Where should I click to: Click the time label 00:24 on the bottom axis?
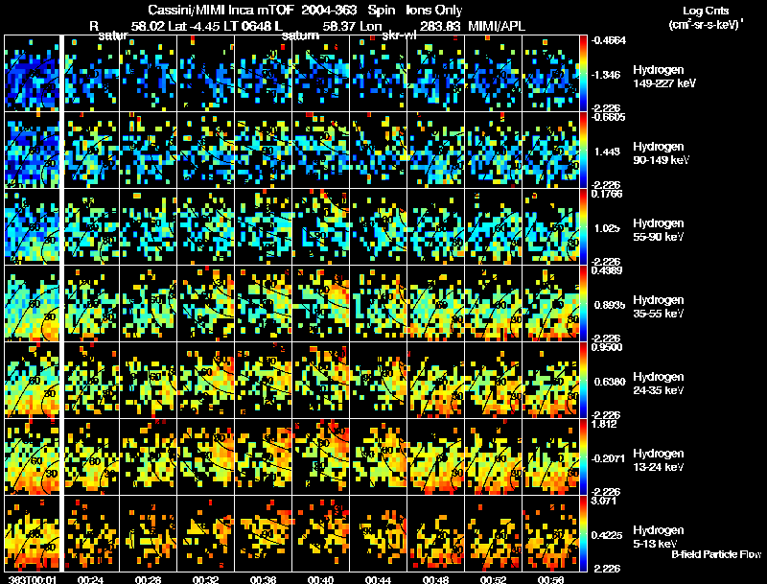pyautogui.click(x=91, y=578)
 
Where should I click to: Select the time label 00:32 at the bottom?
pyautogui.click(x=206, y=578)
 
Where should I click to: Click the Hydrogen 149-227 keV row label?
pyautogui.click(x=662, y=77)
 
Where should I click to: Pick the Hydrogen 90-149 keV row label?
pyautogui.click(x=662, y=153)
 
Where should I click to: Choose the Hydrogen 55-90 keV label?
pyautogui.click(x=662, y=230)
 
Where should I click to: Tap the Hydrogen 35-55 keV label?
pyautogui.click(x=662, y=307)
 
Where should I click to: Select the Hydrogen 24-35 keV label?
pyautogui.click(x=662, y=384)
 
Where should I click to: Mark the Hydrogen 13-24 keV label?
pyautogui.click(x=662, y=459)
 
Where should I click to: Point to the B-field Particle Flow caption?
pyautogui.click(x=716, y=554)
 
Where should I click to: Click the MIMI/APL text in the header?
pyautogui.click(x=499, y=26)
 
